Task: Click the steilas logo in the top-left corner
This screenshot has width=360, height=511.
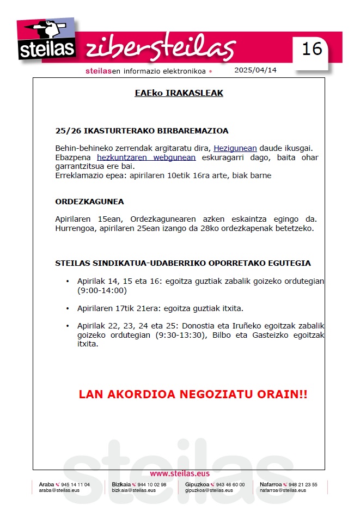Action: click(47, 41)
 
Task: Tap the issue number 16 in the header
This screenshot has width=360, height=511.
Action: click(312, 49)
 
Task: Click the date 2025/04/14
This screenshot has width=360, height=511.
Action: click(255, 70)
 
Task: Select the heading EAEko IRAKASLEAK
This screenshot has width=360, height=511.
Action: click(179, 93)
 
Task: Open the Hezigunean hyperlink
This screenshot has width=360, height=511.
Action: click(235, 148)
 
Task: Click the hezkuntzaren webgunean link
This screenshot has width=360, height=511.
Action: click(146, 157)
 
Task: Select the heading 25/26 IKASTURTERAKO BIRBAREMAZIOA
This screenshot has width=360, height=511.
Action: click(142, 131)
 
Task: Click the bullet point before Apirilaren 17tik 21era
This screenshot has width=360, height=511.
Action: click(67, 308)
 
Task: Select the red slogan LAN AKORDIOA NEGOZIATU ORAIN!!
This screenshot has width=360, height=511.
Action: click(193, 394)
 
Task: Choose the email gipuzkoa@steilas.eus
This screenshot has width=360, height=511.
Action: click(209, 490)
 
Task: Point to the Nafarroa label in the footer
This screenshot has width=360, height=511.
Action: click(270, 484)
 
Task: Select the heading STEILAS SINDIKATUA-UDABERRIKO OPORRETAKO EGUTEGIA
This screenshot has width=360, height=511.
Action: click(183, 263)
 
